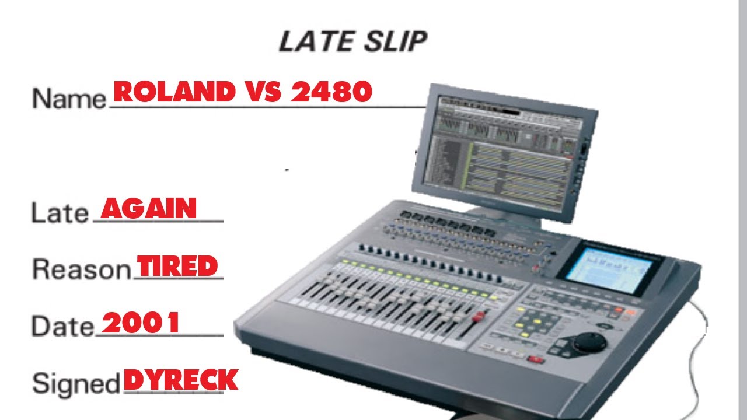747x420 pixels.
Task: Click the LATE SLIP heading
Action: click(353, 42)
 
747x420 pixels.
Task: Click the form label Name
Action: click(68, 97)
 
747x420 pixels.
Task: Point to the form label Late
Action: click(59, 212)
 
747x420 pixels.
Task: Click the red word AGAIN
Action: click(149, 208)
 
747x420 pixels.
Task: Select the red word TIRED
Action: click(177, 266)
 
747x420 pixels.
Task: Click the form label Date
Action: click(62, 326)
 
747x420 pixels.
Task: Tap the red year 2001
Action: click(141, 323)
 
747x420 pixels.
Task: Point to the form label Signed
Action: click(76, 383)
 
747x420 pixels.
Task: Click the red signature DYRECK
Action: click(181, 380)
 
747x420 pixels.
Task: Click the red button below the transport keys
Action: click(535, 359)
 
